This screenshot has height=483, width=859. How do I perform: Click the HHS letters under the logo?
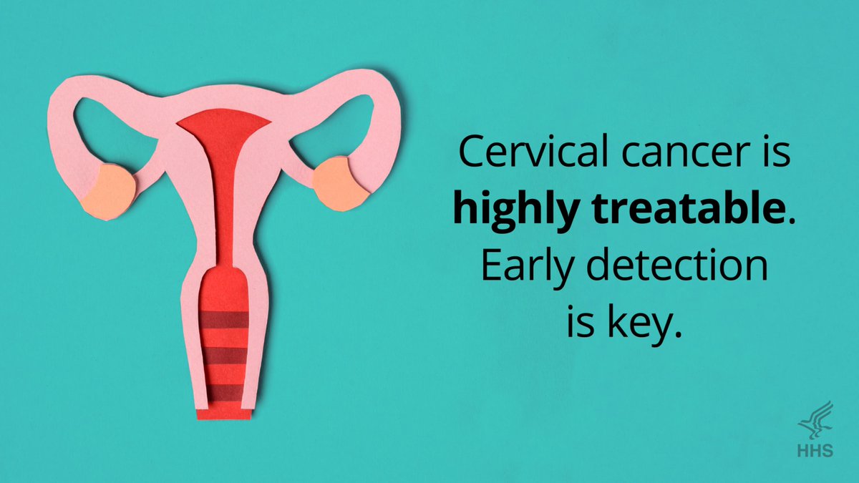point(817,451)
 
